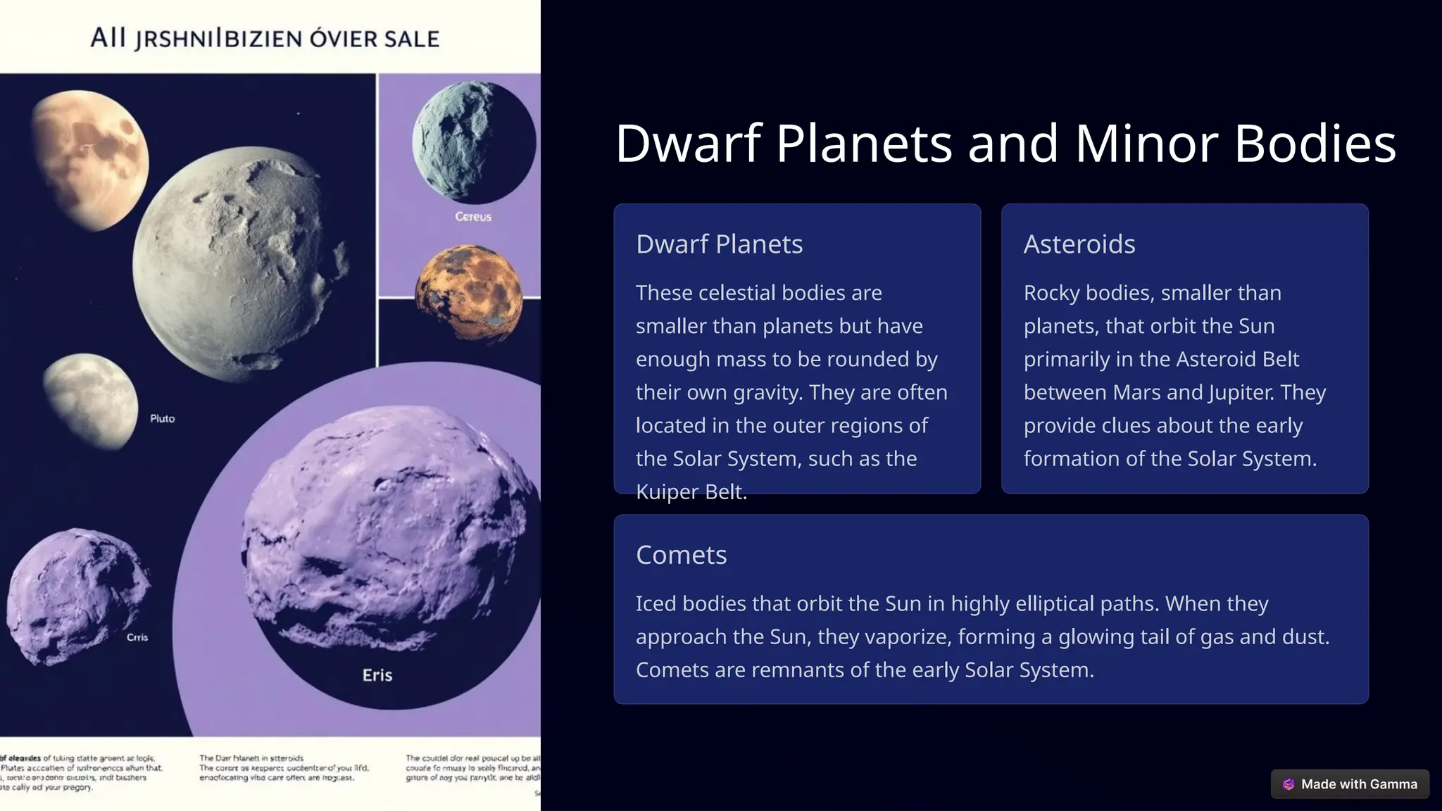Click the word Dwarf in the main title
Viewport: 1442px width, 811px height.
tap(688, 144)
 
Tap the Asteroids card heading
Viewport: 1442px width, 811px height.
tap(1079, 244)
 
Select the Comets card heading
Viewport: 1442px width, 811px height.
tap(681, 555)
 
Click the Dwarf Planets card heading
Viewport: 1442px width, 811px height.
tap(719, 244)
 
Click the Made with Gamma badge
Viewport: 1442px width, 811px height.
tap(1350, 784)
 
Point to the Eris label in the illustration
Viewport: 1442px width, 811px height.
tap(377, 675)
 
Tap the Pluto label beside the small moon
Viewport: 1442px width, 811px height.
tap(162, 418)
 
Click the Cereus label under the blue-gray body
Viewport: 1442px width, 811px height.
tap(473, 217)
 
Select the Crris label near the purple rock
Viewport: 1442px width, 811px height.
tap(137, 637)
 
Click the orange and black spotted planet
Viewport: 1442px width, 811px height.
tap(469, 294)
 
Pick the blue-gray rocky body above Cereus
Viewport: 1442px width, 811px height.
tap(473, 142)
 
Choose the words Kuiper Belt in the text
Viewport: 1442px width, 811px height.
tap(690, 491)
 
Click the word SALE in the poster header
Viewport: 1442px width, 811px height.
tap(411, 39)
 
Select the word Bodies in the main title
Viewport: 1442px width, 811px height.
tap(1315, 144)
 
